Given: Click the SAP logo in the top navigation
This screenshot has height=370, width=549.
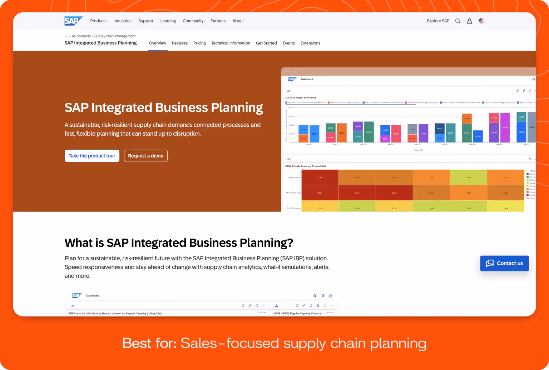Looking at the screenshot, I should (73, 21).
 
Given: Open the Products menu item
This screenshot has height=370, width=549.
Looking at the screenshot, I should (98, 21).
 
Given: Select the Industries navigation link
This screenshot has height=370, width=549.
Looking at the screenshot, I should (122, 21).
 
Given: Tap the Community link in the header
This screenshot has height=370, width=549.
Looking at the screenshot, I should (193, 21).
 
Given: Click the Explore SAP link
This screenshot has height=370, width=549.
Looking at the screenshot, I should (438, 21).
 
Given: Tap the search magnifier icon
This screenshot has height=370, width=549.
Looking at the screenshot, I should (457, 21).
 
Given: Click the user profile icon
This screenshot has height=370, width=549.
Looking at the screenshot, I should (469, 21).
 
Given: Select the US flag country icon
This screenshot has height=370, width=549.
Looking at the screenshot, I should (481, 21).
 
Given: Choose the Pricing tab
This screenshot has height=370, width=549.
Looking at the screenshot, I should (199, 43).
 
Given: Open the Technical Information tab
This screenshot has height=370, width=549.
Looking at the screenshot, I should (231, 43).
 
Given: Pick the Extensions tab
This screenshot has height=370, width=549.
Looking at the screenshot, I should (310, 43).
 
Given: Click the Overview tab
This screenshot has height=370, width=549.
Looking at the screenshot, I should (158, 43).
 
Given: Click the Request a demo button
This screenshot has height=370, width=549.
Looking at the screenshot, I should (145, 156).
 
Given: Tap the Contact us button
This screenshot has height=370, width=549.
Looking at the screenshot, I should (504, 263).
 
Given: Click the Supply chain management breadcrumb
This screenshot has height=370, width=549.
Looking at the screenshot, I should (115, 36).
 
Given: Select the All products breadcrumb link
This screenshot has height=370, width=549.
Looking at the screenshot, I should (81, 36).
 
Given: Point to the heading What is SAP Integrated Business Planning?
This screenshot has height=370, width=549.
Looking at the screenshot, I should (179, 243).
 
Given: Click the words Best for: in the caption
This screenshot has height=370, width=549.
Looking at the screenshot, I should (149, 343).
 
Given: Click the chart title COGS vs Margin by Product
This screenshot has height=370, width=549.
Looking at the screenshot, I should (300, 97).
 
